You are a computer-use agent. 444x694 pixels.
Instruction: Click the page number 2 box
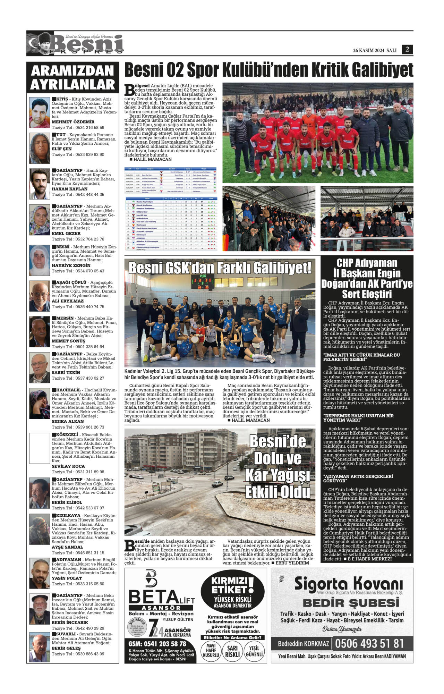pyautogui.click(x=407, y=49)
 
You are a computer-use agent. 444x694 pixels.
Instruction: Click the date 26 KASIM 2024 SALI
pyautogui.click(x=375, y=50)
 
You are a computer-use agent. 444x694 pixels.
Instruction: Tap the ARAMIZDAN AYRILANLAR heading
pyautogui.click(x=73, y=78)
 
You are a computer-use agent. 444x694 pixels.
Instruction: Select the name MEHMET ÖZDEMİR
pyautogui.click(x=73, y=122)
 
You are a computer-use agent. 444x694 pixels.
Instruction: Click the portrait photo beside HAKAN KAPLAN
pyautogui.click(x=40, y=184)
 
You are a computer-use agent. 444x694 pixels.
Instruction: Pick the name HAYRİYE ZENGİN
pyautogui.click(x=71, y=265)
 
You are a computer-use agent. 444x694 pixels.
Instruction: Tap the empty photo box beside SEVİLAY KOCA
pyautogui.click(x=40, y=448)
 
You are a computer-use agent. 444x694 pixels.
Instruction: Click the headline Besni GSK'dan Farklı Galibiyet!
pyautogui.click(x=220, y=268)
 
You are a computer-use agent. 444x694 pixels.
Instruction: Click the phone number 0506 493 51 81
pyautogui.click(x=369, y=644)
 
